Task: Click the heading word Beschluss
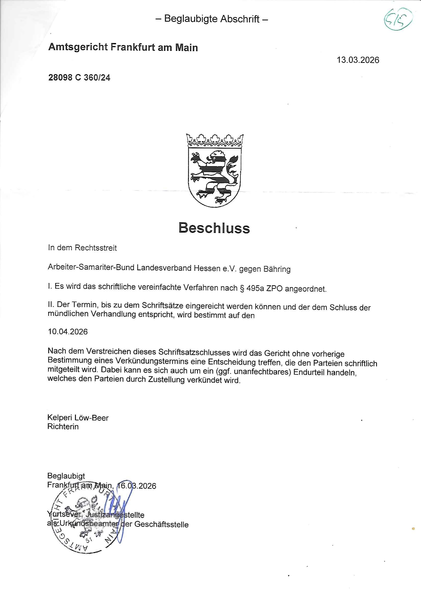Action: tap(214, 228)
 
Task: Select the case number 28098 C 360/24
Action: tap(79, 77)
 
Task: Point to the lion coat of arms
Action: tap(214, 176)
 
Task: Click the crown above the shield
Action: tap(214, 140)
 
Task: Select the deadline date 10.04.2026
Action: tap(68, 332)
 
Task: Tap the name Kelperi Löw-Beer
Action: tap(78, 418)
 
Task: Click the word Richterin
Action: tap(63, 427)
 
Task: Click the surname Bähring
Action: tap(277, 269)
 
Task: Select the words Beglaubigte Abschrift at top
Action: tap(212, 19)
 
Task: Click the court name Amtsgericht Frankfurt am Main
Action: tap(123, 47)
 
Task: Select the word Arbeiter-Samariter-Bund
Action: tap(91, 268)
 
